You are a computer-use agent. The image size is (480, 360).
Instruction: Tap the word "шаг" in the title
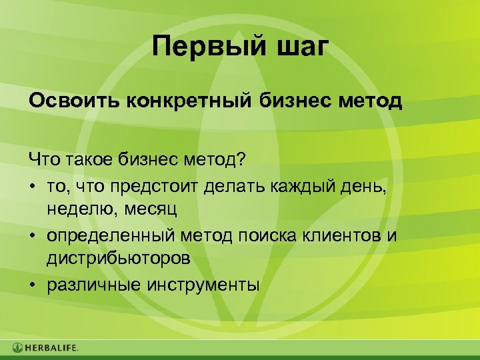click(x=301, y=49)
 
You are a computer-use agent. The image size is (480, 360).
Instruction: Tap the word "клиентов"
click(x=345, y=235)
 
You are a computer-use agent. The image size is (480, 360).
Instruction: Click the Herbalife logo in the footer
click(x=45, y=347)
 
